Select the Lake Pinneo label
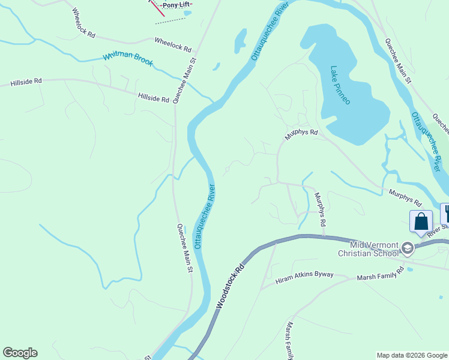340,85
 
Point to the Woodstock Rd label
231,285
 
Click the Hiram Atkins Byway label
304,280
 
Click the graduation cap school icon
408,248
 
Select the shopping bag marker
421,221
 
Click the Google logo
20,353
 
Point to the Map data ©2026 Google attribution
412,355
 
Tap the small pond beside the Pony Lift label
187,13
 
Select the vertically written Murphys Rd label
319,209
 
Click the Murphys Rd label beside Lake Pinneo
300,136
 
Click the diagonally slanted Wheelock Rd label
83,23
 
